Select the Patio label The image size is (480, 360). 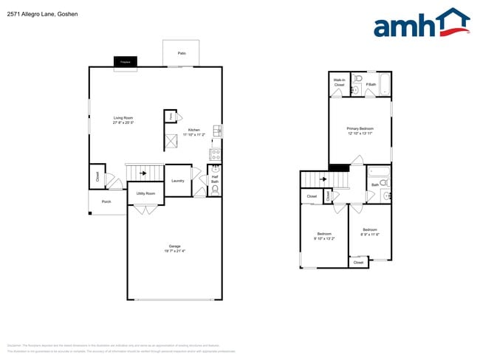[x=182, y=54]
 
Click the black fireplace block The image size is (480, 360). [x=126, y=63]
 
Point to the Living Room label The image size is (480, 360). [x=123, y=118]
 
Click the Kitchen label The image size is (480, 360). [x=193, y=131]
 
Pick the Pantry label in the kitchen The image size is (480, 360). [x=171, y=117]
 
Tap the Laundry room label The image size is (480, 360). [x=177, y=181]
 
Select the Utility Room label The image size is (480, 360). [x=145, y=193]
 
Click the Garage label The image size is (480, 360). [x=175, y=246]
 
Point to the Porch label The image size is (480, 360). [x=106, y=201]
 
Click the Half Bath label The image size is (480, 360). [x=215, y=179]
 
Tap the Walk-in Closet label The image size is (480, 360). [x=339, y=83]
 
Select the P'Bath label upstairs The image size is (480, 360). [x=371, y=85]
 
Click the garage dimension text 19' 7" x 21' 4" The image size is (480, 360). [x=175, y=252]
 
